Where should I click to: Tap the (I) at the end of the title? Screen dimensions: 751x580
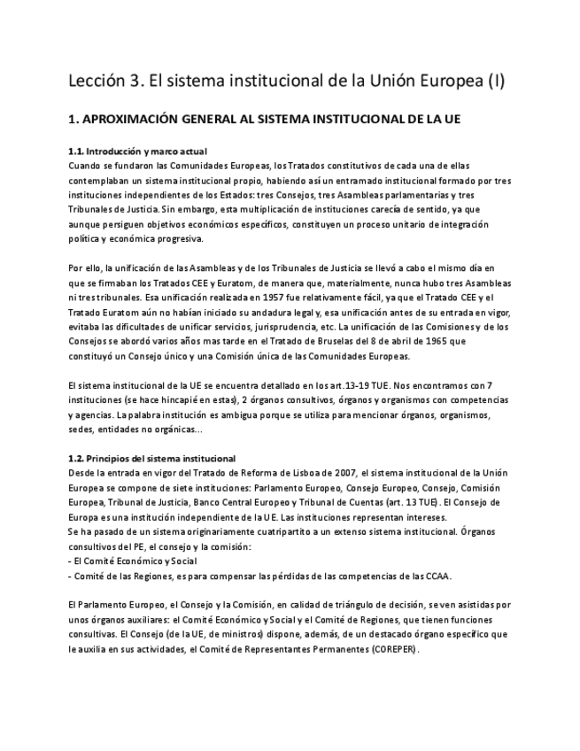click(495, 82)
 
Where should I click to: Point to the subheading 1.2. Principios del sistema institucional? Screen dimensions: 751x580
click(151, 458)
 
